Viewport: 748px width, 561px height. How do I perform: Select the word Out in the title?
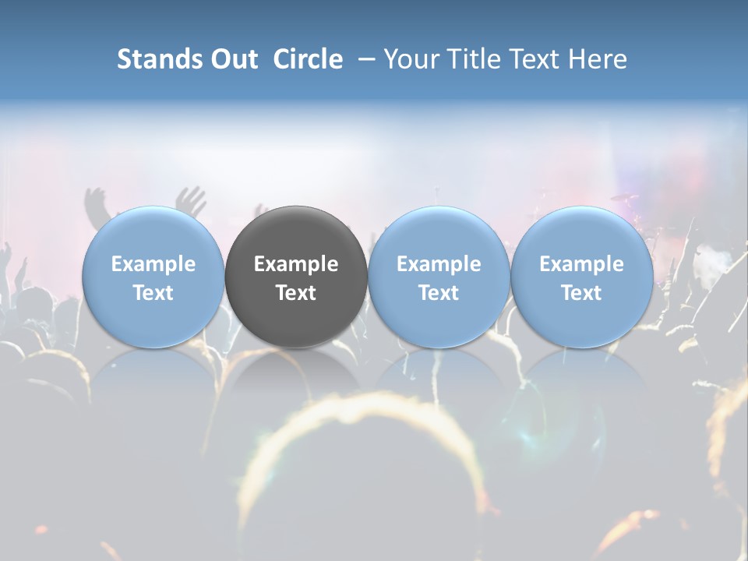pos(231,59)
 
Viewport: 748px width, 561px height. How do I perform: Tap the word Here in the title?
pos(598,59)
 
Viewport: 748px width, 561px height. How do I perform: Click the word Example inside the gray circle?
pos(296,264)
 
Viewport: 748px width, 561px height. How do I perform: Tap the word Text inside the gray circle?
pos(296,293)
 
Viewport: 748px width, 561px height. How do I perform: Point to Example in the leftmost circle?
pos(153,264)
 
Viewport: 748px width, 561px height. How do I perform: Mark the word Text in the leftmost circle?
pos(153,293)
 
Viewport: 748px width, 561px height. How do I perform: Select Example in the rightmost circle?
pos(582,264)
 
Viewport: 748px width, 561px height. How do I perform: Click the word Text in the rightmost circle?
pos(582,293)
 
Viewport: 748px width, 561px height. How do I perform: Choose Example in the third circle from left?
pos(439,264)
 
